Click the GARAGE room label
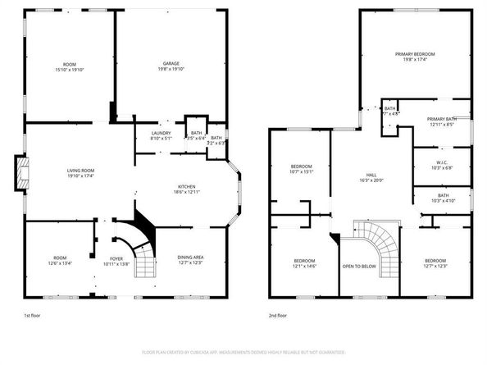coord(171,63)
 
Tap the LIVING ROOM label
coord(83,170)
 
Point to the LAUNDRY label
coord(161,133)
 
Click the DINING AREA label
coord(190,258)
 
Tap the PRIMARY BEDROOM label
coord(413,53)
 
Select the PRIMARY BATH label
coord(441,120)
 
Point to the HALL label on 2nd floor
coord(371,176)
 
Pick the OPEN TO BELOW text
coord(359,267)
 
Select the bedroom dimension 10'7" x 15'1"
coord(303,172)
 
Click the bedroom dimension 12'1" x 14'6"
coord(304,267)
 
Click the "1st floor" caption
coord(33,315)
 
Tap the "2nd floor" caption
coord(277,315)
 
